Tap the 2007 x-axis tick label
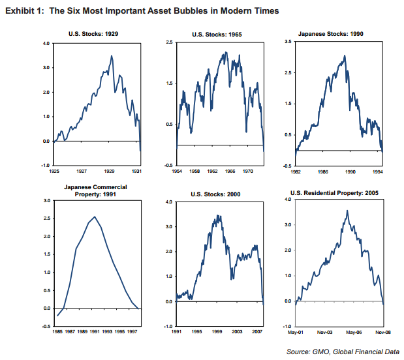258,332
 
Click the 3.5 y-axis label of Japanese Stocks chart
288,42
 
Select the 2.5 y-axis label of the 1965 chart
170,42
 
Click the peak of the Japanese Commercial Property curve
95,217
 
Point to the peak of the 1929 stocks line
112,56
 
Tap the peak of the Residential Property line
347,210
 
